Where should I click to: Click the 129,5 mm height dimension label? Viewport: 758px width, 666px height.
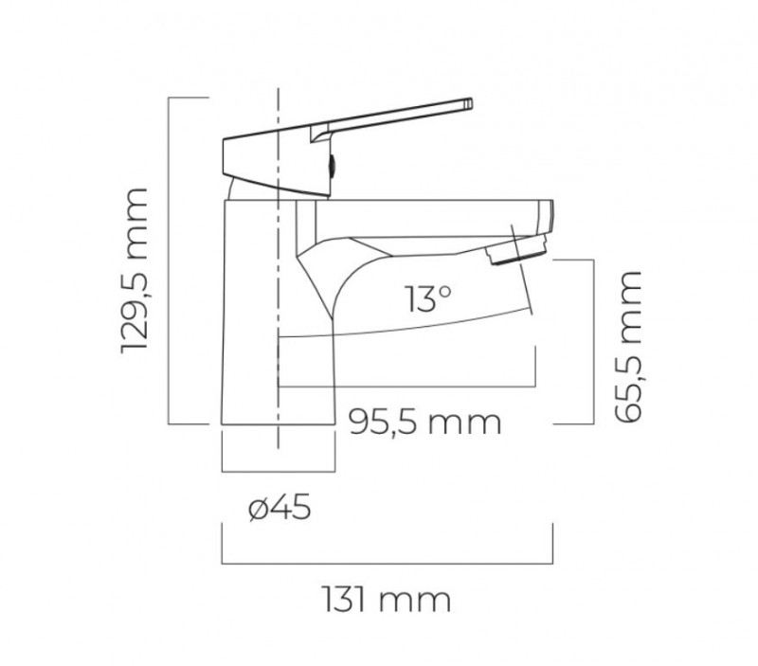pos(136,271)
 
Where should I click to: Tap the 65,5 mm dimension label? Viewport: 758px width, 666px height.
pos(628,346)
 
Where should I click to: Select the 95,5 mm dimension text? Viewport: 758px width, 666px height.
pos(424,421)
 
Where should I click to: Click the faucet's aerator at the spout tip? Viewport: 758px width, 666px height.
pos(516,251)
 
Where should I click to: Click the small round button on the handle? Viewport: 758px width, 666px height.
pos(331,164)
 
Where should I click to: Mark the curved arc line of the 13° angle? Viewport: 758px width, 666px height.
pos(407,325)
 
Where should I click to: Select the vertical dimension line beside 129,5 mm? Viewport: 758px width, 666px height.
pos(169,261)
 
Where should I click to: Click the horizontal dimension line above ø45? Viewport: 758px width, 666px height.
pos(278,470)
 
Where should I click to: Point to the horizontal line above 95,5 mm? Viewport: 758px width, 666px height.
pos(407,387)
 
